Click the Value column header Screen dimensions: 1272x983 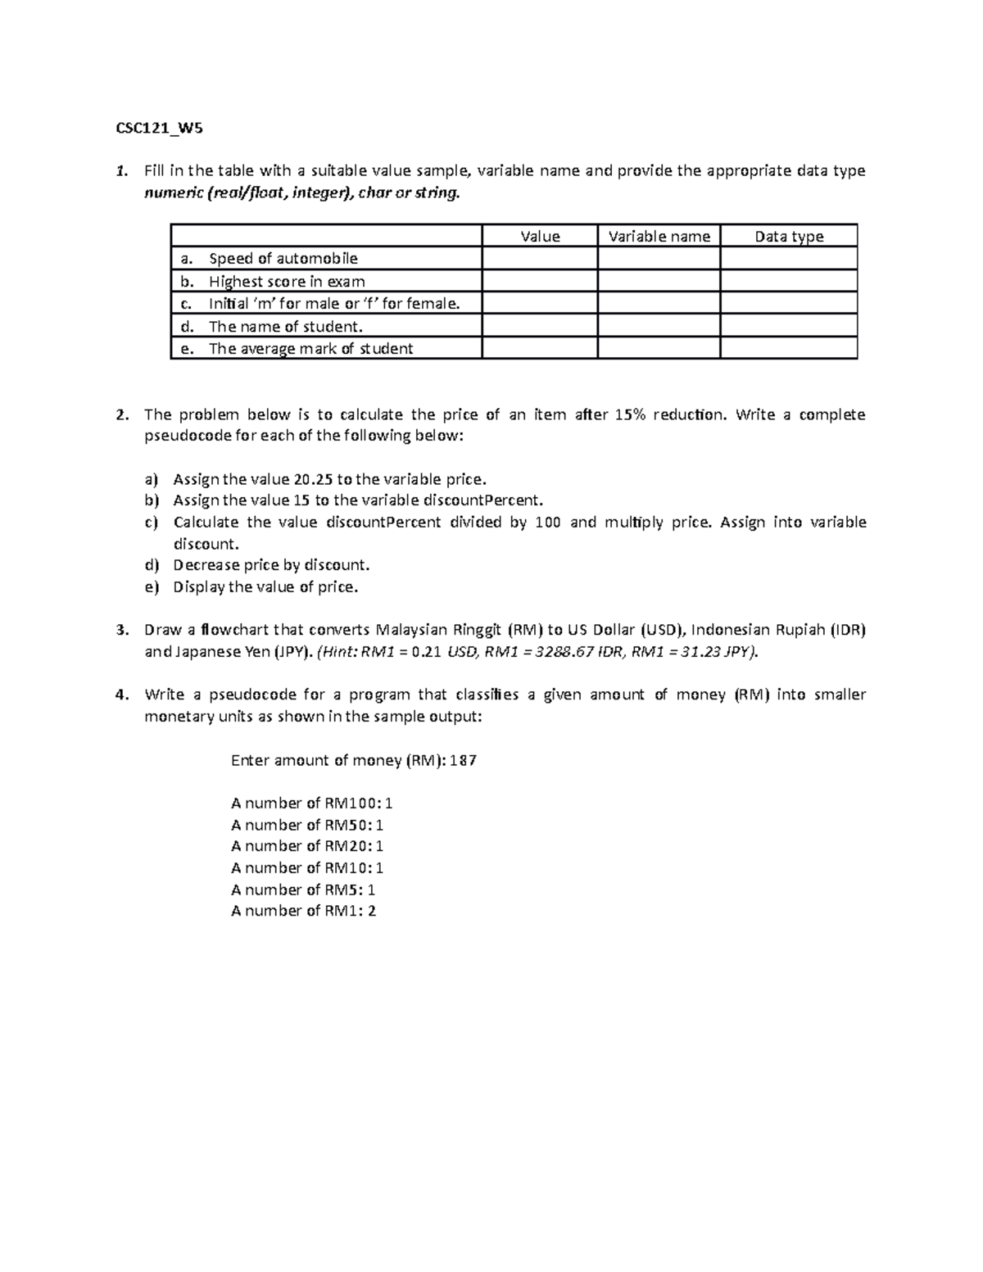tap(540, 237)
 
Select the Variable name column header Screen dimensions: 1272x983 tap(659, 237)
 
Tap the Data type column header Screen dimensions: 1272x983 tap(789, 237)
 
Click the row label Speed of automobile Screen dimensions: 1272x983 tap(283, 259)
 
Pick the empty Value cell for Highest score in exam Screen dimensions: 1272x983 tap(540, 282)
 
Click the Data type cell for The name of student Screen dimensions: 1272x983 tap(789, 326)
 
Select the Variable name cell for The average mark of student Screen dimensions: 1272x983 tap(659, 349)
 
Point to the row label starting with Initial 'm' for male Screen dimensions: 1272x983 tap(333, 304)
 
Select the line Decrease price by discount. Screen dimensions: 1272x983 tap(271, 565)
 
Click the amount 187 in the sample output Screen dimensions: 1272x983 tap(463, 760)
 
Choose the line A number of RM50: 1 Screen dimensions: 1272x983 tap(307, 825)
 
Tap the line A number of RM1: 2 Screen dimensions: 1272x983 tap(303, 911)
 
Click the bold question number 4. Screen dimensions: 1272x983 tap(122, 695)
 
